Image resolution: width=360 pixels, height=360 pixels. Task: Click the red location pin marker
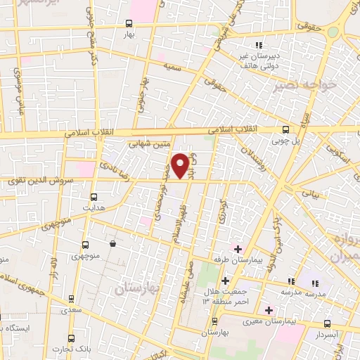(x=181, y=165)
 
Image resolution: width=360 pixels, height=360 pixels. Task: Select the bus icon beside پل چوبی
(x=285, y=129)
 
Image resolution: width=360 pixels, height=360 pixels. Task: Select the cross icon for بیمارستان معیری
(x=268, y=309)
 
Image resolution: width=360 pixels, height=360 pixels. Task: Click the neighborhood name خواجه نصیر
(x=297, y=86)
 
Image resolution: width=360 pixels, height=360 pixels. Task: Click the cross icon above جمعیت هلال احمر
(x=224, y=281)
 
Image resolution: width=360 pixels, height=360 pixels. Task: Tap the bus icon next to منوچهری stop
(x=85, y=245)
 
